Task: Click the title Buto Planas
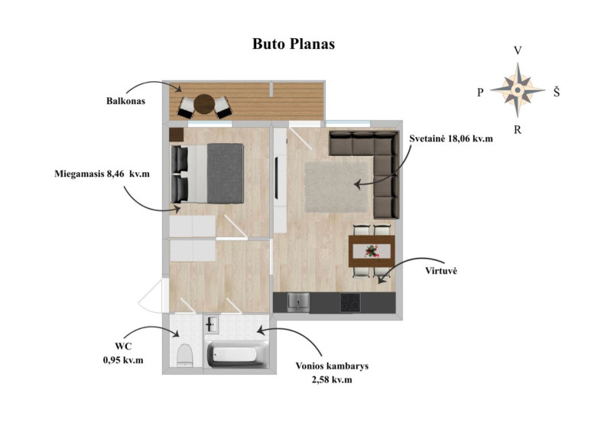(x=294, y=44)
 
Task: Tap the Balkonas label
(x=125, y=101)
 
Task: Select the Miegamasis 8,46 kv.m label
(x=102, y=174)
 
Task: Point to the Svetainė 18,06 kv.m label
(x=451, y=138)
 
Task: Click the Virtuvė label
(x=441, y=271)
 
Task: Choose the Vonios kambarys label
(x=332, y=366)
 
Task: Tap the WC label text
(x=123, y=347)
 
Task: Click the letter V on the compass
(x=518, y=51)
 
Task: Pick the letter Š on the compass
(x=557, y=92)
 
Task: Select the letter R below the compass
(x=518, y=130)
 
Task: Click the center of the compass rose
(x=518, y=90)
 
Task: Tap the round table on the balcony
(x=204, y=105)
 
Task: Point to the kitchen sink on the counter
(x=298, y=302)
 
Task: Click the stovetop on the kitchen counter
(x=350, y=303)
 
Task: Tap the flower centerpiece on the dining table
(x=372, y=251)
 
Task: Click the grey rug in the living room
(x=336, y=187)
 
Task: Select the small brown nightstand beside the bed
(x=177, y=135)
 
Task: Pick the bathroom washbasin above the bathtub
(x=211, y=324)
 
